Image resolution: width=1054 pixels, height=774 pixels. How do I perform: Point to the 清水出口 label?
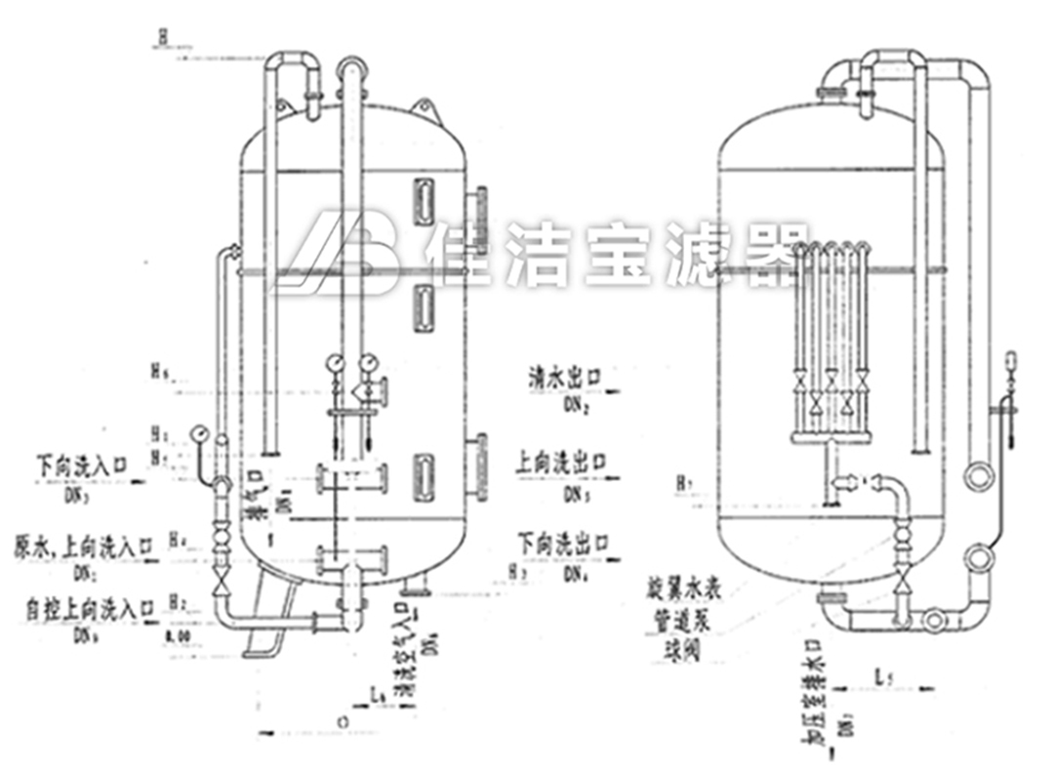tap(563, 375)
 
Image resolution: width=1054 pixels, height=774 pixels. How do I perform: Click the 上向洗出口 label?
tap(562, 460)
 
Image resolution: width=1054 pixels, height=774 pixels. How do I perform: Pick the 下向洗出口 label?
tap(562, 543)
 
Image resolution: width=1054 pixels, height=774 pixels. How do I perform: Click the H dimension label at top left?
tap(163, 37)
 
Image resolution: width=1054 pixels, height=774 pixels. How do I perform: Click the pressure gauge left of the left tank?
tap(200, 431)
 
